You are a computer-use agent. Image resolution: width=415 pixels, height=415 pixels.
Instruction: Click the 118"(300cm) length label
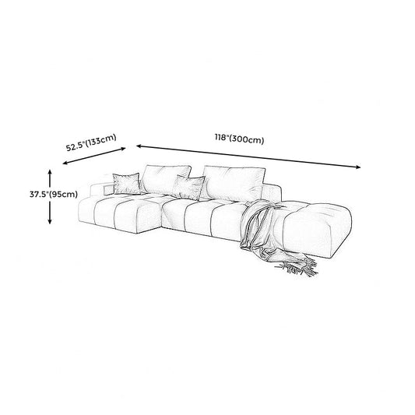[239, 139]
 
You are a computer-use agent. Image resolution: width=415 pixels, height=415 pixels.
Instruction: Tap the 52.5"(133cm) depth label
[91, 142]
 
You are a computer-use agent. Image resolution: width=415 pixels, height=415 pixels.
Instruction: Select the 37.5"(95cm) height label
[54, 195]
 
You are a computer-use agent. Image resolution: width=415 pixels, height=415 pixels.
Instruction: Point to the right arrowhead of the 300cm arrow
[358, 167]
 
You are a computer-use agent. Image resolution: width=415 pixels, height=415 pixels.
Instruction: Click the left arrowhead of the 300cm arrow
[139, 146]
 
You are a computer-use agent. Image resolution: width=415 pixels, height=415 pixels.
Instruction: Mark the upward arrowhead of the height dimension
[50, 172]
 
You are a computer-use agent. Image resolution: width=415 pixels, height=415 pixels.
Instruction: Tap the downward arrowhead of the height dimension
[50, 221]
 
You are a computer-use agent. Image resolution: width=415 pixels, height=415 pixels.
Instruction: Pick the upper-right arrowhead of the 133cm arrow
[123, 149]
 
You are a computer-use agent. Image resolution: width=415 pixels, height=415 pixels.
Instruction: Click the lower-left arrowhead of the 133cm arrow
[65, 163]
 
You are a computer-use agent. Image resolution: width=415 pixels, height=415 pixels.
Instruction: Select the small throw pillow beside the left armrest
[126, 184]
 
